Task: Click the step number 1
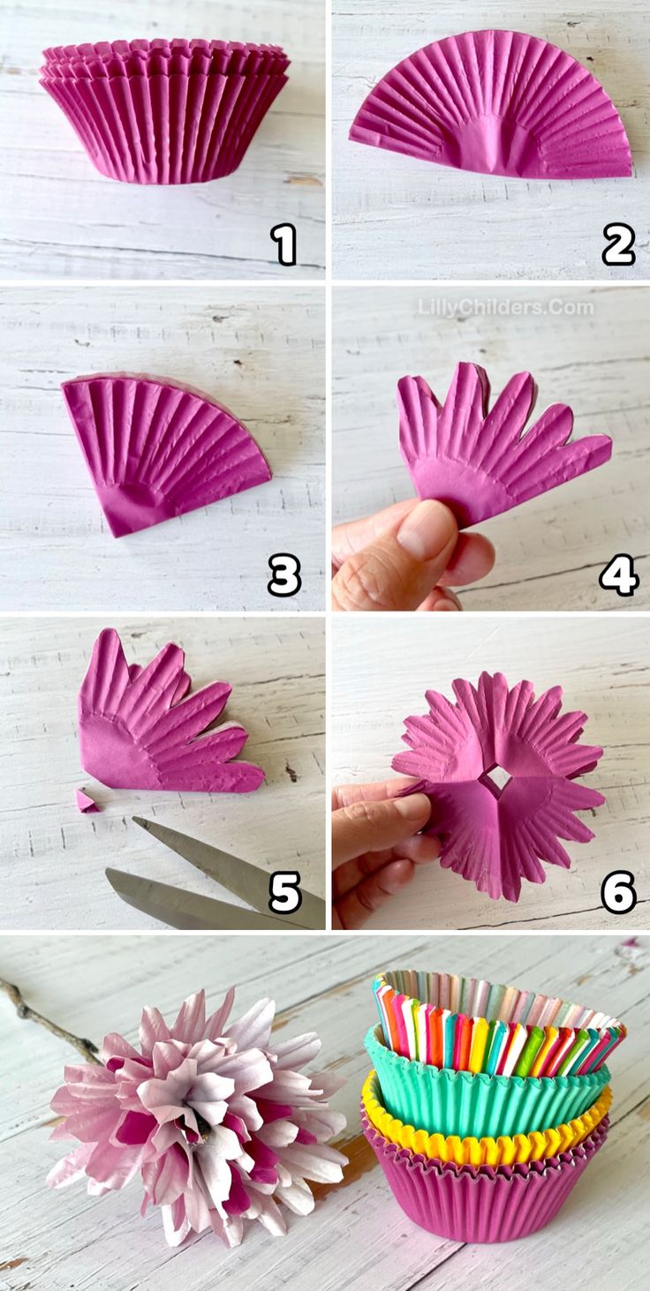click(284, 245)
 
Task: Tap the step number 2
click(617, 245)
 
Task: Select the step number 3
click(283, 574)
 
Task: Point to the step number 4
click(618, 574)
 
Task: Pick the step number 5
click(285, 892)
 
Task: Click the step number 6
click(618, 892)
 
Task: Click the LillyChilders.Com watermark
click(505, 308)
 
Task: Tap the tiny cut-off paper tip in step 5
click(87, 800)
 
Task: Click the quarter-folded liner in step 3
click(166, 454)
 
